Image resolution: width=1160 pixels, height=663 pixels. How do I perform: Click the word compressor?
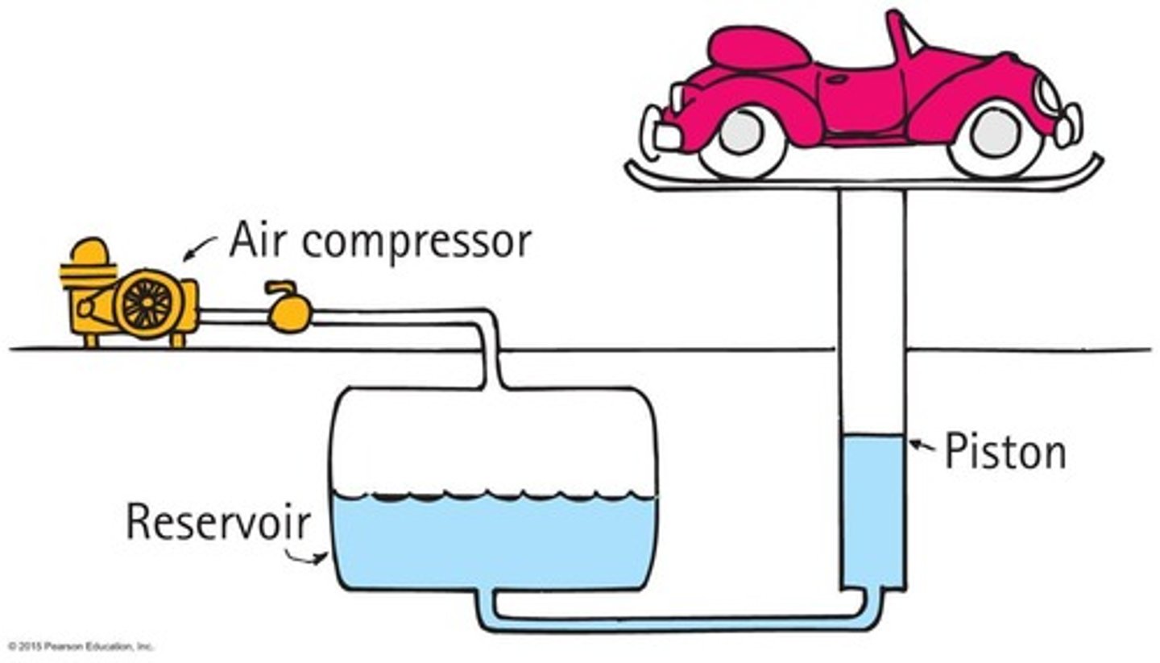(x=416, y=242)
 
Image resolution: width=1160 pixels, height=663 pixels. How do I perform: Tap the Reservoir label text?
(x=217, y=521)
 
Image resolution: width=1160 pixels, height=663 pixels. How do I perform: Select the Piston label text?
(x=1005, y=451)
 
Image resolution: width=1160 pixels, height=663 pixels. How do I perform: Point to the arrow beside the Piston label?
(x=922, y=444)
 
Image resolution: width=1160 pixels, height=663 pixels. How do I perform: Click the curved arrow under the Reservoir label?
(x=309, y=557)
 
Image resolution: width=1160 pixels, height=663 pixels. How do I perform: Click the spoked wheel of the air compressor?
(x=146, y=304)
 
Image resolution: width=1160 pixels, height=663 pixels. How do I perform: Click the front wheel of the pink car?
(x=995, y=135)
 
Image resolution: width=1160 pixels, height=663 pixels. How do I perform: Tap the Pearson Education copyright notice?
(x=81, y=646)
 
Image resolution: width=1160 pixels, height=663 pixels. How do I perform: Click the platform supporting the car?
(x=862, y=180)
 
